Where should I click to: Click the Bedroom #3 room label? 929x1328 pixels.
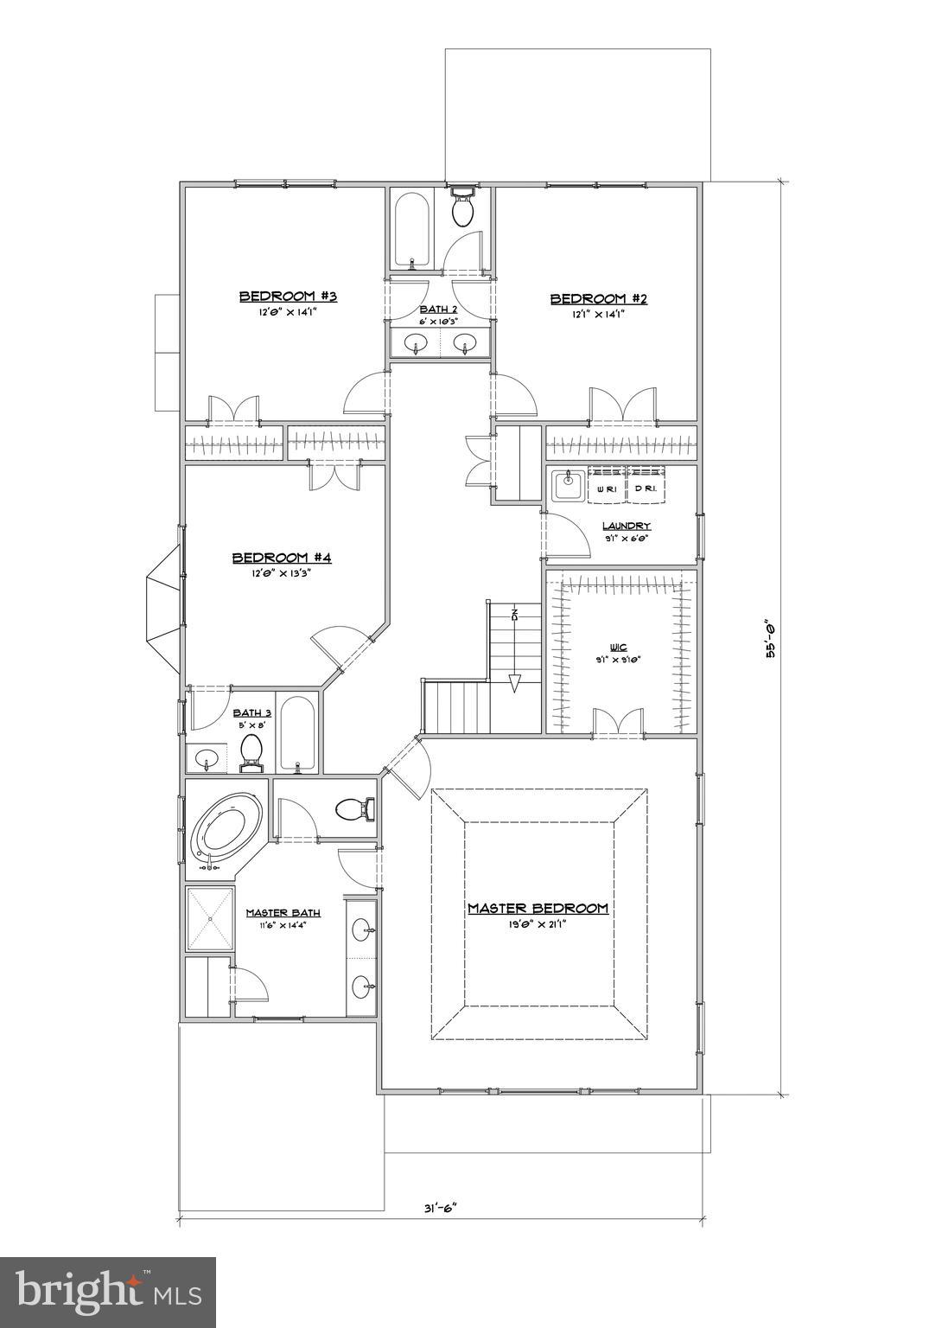click(287, 297)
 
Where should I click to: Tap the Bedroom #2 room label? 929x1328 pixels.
click(599, 299)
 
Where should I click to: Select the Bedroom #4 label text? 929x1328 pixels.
click(282, 558)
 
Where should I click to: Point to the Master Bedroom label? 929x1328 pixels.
click(538, 909)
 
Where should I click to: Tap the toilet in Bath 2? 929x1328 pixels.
click(463, 207)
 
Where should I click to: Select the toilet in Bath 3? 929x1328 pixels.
click(251, 751)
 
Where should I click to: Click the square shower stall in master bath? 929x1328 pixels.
click(210, 918)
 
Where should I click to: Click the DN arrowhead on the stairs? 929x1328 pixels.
click(514, 683)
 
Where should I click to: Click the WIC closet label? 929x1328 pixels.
click(617, 646)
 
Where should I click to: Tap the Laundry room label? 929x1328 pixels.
click(627, 526)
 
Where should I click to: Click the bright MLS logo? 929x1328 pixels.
click(108, 1292)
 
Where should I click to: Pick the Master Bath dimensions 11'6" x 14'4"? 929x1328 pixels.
click(283, 924)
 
